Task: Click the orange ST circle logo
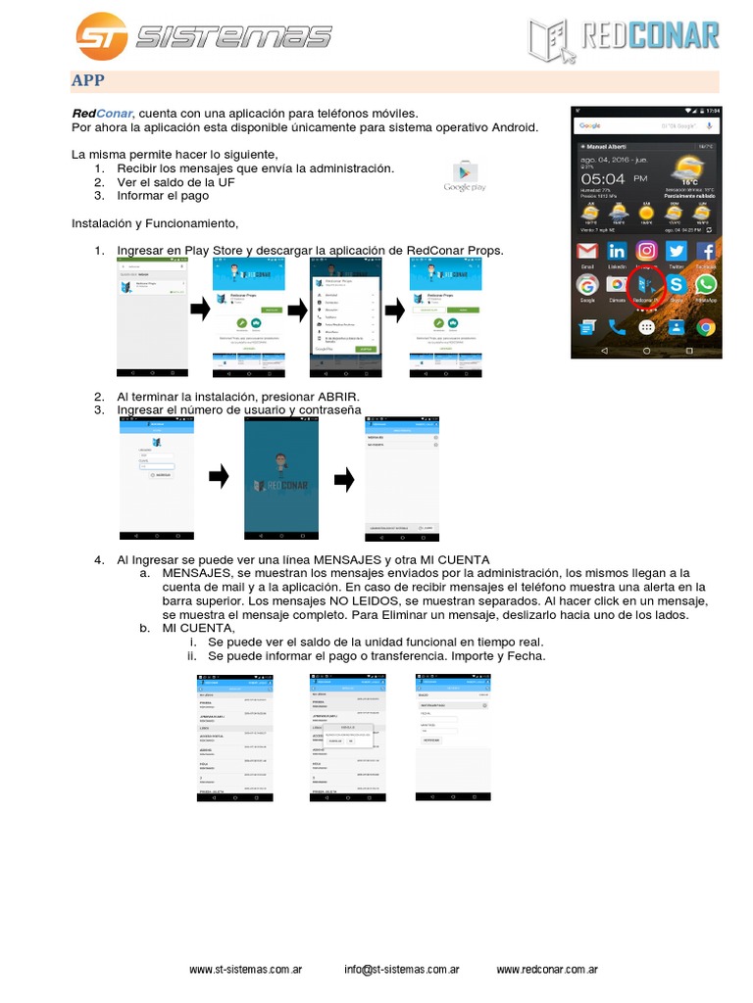(x=101, y=36)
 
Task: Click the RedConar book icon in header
(x=551, y=39)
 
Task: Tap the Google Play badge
(x=465, y=175)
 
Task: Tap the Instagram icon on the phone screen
(x=646, y=251)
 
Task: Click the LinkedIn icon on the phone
(x=617, y=251)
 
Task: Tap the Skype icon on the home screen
(x=676, y=285)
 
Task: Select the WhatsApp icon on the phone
(x=705, y=285)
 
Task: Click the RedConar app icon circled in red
(x=645, y=285)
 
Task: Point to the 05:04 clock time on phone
(x=604, y=179)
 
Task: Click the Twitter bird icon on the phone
(x=676, y=251)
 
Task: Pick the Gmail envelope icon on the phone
(x=587, y=251)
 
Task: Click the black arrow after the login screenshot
(x=220, y=477)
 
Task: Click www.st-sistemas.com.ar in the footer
(x=245, y=970)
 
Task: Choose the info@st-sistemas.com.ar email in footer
(x=402, y=970)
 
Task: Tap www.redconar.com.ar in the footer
(x=547, y=970)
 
